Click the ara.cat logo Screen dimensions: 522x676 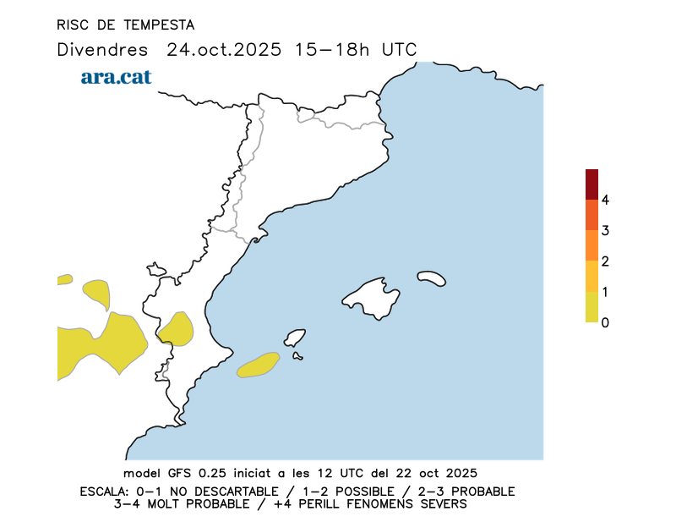pyautogui.click(x=116, y=77)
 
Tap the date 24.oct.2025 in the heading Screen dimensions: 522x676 pyautogui.click(x=223, y=49)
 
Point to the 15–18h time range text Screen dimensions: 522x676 pyautogui.click(x=333, y=49)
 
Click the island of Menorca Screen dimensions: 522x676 pyautogui.click(x=432, y=277)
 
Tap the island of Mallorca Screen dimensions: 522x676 pyautogui.click(x=372, y=298)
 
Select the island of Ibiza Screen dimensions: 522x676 pyautogui.click(x=295, y=338)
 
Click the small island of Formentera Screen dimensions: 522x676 pyautogui.click(x=297, y=356)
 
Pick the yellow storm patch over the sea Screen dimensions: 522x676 pyautogui.click(x=259, y=365)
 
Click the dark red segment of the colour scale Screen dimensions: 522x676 pyautogui.click(x=591, y=184)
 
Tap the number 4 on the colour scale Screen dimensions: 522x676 pyautogui.click(x=605, y=200)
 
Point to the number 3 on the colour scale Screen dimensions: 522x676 pyautogui.click(x=605, y=230)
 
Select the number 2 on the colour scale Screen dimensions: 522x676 pyautogui.click(x=605, y=261)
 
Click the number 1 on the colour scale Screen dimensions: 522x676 pyautogui.click(x=605, y=292)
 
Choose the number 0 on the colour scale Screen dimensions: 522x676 pyautogui.click(x=605, y=322)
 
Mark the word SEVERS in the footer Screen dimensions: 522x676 pyautogui.click(x=442, y=504)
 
